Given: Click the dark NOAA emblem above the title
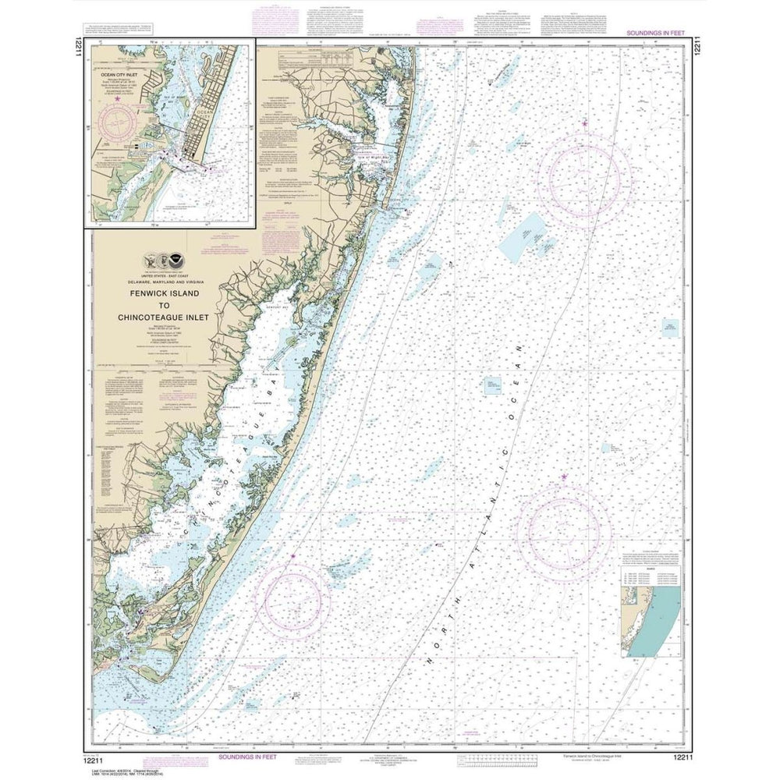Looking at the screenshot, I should click(x=182, y=262).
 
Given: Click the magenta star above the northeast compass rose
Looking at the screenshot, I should click(x=584, y=122).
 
